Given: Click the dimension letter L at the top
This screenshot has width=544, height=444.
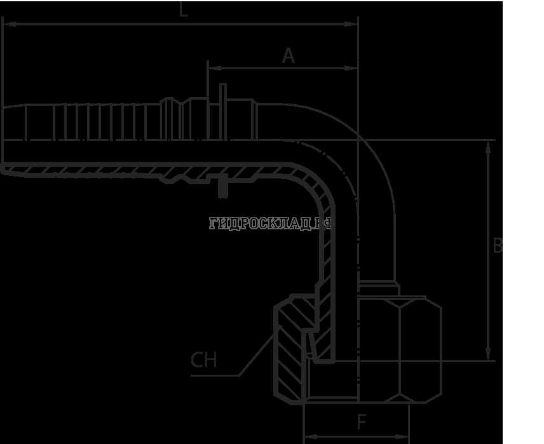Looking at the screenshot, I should (184, 10).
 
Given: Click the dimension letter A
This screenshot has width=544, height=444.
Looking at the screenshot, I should (289, 57).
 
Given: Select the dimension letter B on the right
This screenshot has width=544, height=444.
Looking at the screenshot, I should (498, 246).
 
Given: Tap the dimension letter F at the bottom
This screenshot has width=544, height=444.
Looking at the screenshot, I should (361, 422).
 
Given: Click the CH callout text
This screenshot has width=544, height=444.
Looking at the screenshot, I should (204, 361).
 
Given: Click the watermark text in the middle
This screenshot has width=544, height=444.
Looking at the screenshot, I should (270, 224).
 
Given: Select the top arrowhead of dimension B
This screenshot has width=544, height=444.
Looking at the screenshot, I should (487, 145).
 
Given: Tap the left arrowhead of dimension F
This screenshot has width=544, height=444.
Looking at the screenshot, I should (309, 436).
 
